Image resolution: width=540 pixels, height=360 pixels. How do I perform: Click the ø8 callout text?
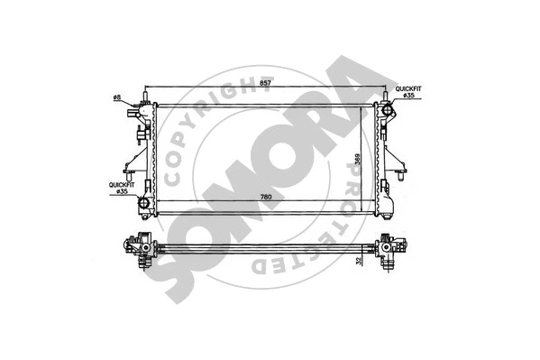click(x=117, y=97)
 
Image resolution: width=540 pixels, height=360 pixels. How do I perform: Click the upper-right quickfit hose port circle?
click(x=389, y=111)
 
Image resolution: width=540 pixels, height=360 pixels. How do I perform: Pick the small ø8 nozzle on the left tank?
click(x=135, y=106)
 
